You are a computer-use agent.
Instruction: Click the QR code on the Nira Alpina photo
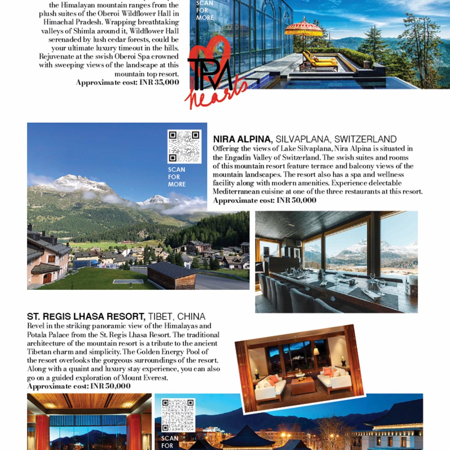click(x=184, y=146)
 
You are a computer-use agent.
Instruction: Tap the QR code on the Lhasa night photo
click(x=178, y=415)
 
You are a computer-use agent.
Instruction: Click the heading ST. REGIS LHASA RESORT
click(x=86, y=316)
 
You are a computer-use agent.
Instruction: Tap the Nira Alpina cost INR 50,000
click(x=296, y=200)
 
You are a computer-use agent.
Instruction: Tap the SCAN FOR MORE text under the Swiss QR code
click(x=177, y=177)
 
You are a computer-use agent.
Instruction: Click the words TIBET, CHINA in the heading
click(x=177, y=316)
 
